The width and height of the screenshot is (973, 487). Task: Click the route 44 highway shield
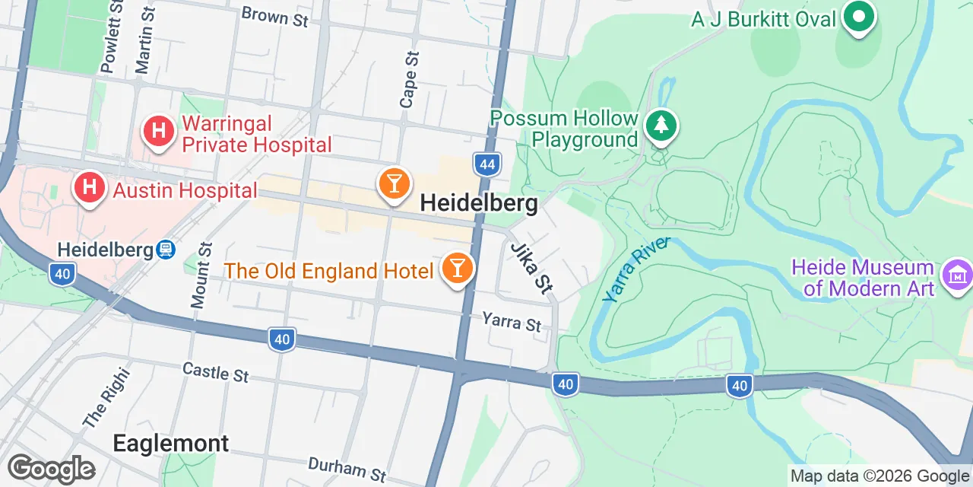click(486, 164)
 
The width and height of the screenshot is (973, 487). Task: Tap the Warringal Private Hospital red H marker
click(159, 130)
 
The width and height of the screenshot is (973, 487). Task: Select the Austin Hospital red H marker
click(90, 187)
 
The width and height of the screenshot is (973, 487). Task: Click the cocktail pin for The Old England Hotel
click(457, 268)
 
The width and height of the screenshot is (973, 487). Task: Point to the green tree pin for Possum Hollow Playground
click(661, 126)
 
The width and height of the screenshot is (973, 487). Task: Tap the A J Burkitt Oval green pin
click(858, 16)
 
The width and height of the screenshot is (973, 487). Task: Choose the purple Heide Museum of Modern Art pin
click(956, 275)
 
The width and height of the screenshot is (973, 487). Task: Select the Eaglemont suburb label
click(170, 444)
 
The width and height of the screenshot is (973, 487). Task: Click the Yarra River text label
click(637, 269)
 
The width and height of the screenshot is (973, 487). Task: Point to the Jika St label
click(531, 268)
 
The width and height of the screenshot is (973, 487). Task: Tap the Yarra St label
click(512, 322)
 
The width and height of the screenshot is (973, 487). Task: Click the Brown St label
click(275, 16)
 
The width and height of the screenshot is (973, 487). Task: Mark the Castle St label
click(216, 372)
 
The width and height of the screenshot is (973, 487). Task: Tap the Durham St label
click(347, 469)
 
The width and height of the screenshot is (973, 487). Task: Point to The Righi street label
click(106, 397)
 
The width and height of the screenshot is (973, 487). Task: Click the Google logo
click(51, 469)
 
